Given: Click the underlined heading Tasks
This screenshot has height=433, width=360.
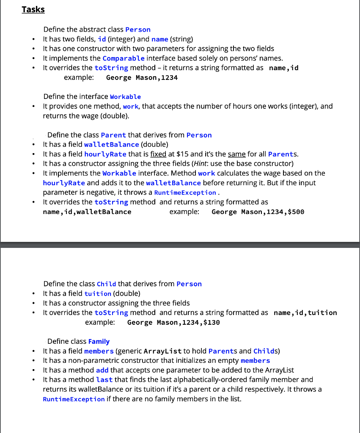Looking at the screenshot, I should coord(33,9).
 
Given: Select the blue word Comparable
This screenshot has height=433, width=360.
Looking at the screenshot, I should coord(124,58).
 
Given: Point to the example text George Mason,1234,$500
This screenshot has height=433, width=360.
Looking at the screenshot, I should coord(258,212).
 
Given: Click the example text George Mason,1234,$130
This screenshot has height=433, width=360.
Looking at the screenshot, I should coord(173,323).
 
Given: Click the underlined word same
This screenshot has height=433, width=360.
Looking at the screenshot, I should coord(236,154).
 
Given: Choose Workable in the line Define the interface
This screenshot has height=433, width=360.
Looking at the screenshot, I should coord(125,97).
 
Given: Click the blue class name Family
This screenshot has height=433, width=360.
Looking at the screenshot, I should coord(99,342).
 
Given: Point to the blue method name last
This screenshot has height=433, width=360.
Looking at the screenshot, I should coord(104,380).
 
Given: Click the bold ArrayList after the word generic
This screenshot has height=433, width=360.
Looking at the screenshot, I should coord(163,351).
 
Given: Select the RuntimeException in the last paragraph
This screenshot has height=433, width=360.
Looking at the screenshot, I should coord(74,399).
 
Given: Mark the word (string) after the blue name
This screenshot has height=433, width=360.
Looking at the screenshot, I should coord(181,39).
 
